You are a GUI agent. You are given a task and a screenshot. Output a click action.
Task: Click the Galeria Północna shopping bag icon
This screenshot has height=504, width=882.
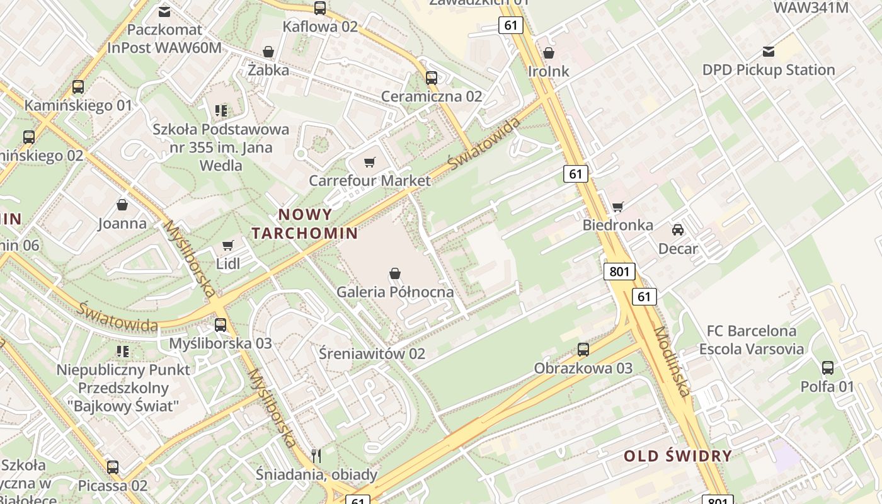click(x=395, y=273)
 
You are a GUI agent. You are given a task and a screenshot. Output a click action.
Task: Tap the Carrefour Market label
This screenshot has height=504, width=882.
click(x=370, y=181)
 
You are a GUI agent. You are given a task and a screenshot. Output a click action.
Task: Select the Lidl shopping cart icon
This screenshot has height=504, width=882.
click(x=228, y=245)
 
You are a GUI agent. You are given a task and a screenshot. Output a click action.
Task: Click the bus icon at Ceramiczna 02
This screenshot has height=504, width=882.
click(x=432, y=78)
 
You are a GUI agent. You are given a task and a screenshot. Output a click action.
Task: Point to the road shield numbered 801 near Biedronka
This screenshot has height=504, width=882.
click(x=619, y=272)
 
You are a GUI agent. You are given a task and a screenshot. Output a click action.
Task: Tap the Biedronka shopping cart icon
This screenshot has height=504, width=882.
click(x=618, y=207)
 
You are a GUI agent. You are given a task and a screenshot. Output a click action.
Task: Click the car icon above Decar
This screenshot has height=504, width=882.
click(x=678, y=230)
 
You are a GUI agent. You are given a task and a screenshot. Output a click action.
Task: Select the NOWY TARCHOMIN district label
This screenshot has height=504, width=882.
click(x=305, y=224)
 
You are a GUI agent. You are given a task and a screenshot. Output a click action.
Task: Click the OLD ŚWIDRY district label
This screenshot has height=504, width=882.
click(x=678, y=456)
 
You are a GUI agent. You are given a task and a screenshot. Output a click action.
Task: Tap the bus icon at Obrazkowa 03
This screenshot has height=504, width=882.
click(x=583, y=350)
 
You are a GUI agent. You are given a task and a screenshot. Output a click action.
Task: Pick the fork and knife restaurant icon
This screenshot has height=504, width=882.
click(x=316, y=455)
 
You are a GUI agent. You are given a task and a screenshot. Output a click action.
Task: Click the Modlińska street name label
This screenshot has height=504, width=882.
click(x=672, y=362)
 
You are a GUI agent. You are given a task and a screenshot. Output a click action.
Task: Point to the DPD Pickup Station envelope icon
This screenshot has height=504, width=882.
click(x=769, y=52)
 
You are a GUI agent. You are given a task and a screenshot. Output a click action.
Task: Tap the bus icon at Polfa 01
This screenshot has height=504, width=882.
click(x=828, y=368)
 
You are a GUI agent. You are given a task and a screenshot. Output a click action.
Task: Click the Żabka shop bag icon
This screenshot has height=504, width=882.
click(x=268, y=52)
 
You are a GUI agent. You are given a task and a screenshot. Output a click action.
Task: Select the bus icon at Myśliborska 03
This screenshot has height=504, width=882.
click(x=220, y=325)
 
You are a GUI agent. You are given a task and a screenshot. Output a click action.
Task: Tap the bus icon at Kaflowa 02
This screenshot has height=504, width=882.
click(x=320, y=8)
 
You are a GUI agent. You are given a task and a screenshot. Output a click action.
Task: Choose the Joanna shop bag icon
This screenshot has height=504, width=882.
click(x=122, y=205)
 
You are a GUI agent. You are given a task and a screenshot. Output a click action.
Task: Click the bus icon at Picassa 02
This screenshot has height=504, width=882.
click(x=113, y=467)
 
